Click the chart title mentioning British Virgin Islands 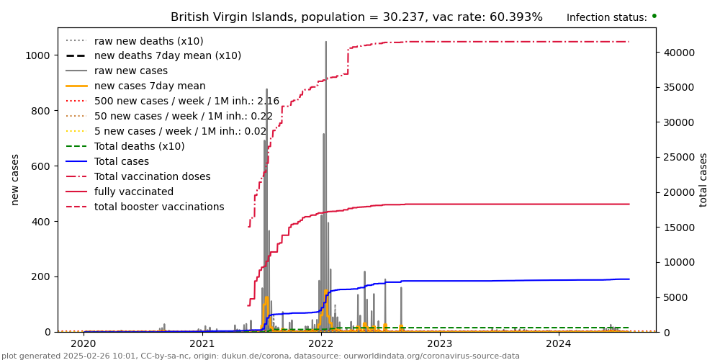[x=356, y=17]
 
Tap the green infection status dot [x=654, y=16]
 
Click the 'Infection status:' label [x=606, y=18]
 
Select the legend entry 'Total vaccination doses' [x=152, y=177]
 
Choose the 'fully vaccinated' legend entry [x=133, y=192]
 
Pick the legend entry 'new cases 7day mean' [x=149, y=86]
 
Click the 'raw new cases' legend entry [x=130, y=71]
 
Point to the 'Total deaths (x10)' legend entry [x=139, y=147]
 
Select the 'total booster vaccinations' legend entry [x=158, y=207]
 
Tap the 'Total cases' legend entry [x=121, y=162]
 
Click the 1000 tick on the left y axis [x=37, y=55]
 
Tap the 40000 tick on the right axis [x=680, y=53]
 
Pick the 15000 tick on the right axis [x=680, y=228]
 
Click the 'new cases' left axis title [x=15, y=179]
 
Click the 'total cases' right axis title [x=703, y=179]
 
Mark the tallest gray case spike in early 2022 [x=325, y=43]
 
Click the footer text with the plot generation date [x=260, y=356]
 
